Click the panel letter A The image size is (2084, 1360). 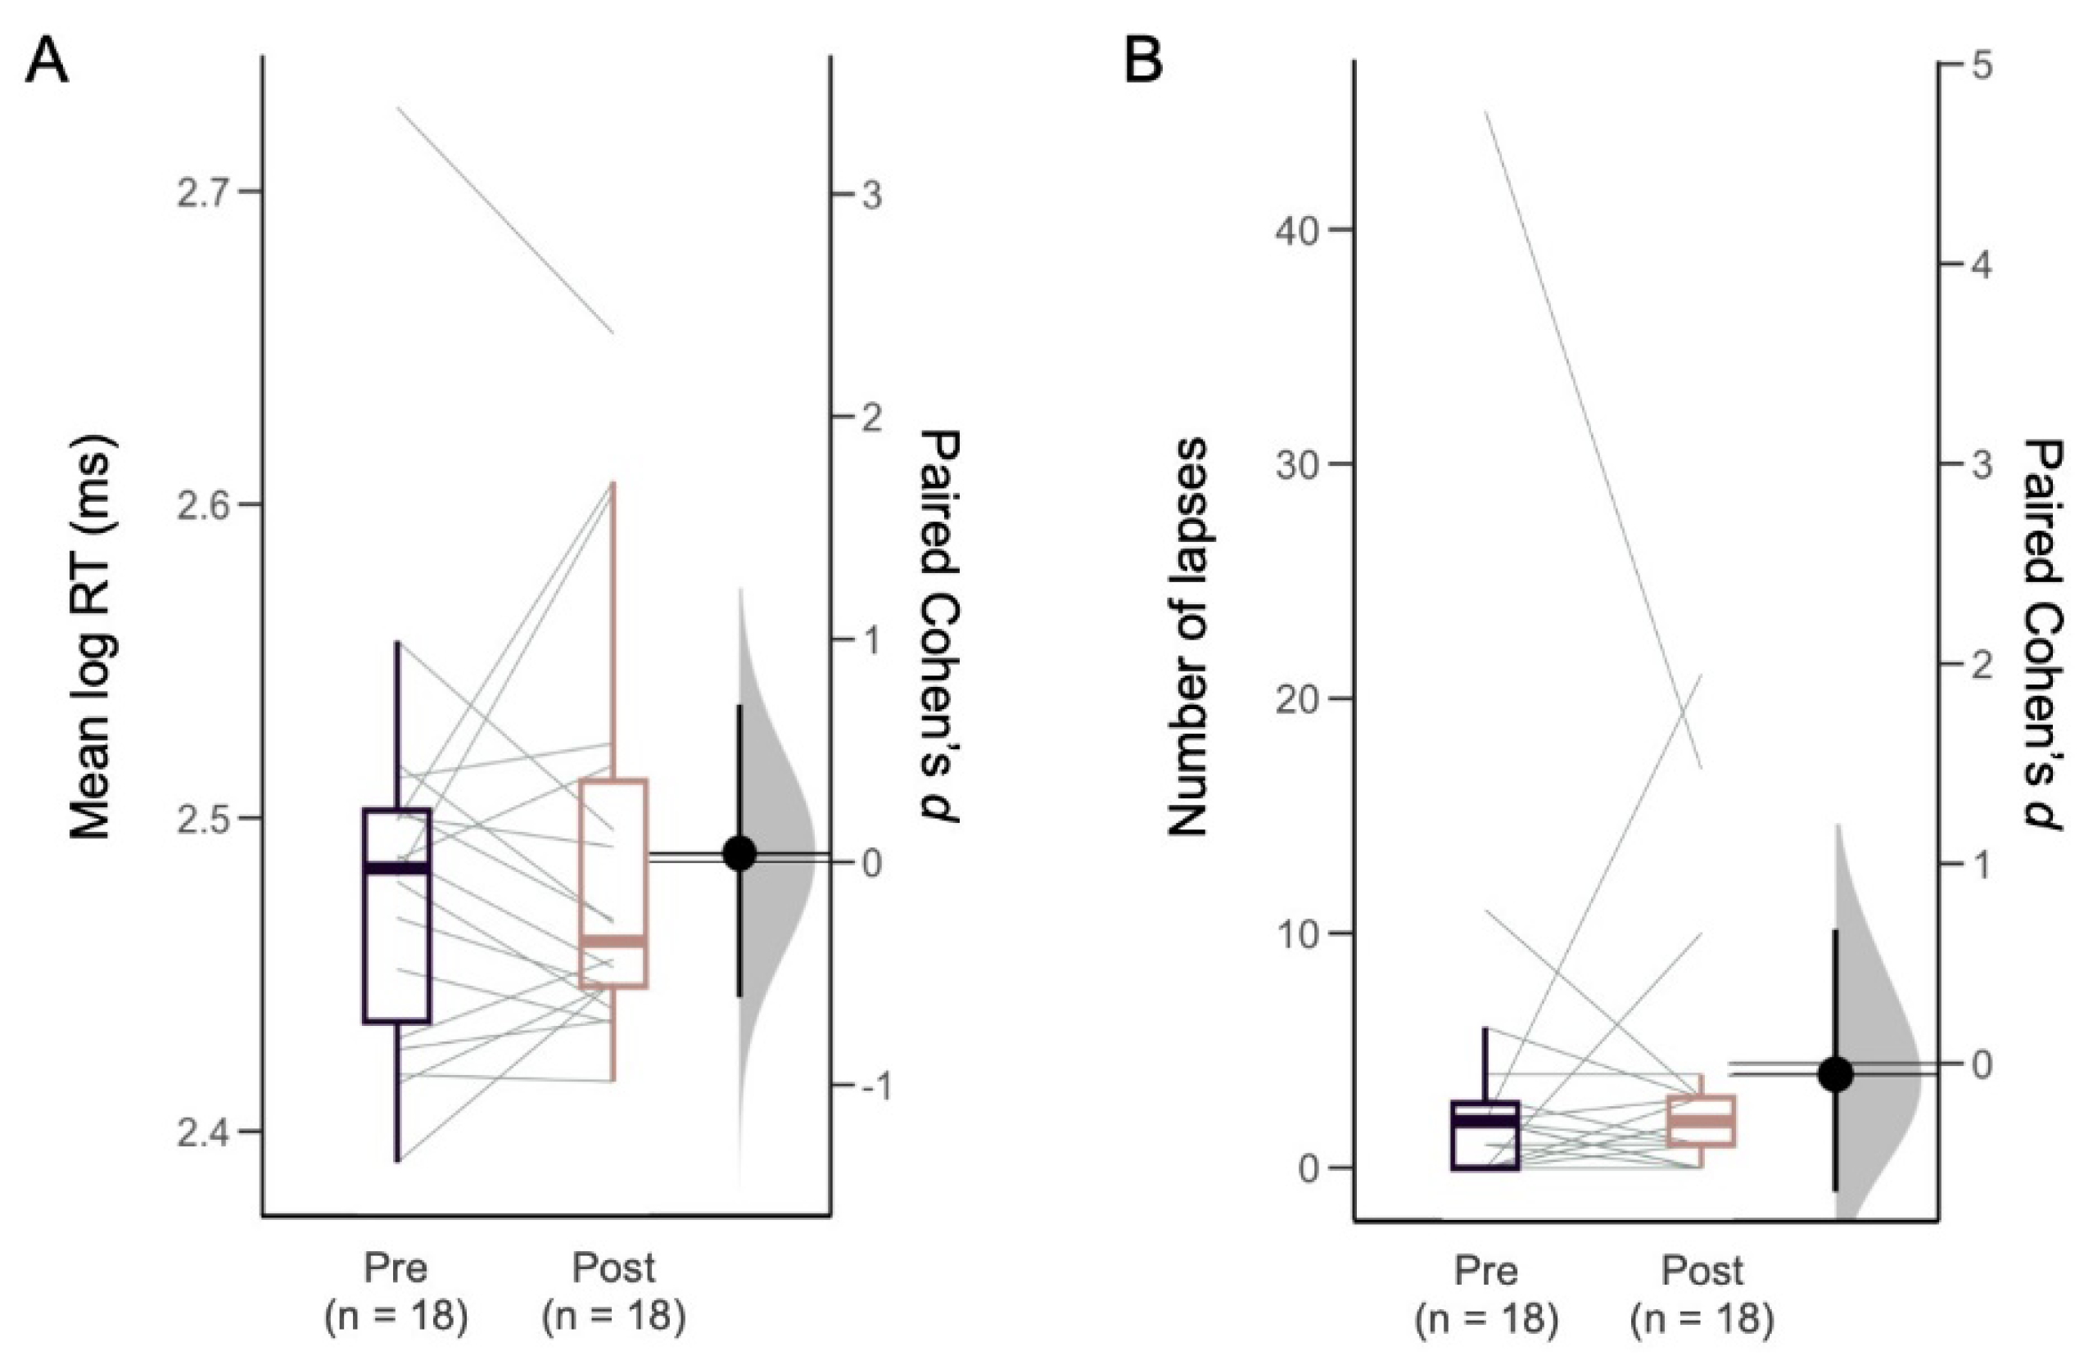(x=46, y=63)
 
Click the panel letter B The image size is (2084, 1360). (x=1144, y=63)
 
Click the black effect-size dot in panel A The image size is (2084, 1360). (x=740, y=853)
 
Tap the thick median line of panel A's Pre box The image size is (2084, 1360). (x=397, y=868)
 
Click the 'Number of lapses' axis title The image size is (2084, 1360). (x=1188, y=637)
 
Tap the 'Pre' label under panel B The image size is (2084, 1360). (x=1486, y=1271)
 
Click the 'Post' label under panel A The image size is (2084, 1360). (x=614, y=1268)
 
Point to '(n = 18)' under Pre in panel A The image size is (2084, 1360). (x=396, y=1317)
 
